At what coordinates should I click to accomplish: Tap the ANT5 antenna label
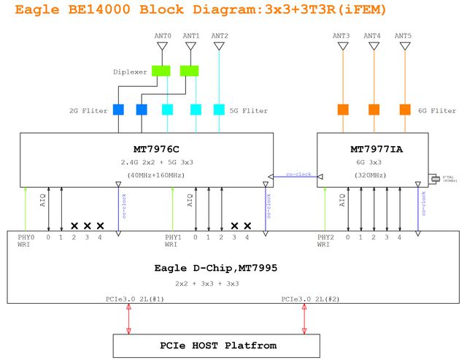pyautogui.click(x=402, y=36)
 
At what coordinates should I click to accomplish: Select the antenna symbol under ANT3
pyautogui.click(x=343, y=46)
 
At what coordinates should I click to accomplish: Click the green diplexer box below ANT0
pyautogui.click(x=161, y=71)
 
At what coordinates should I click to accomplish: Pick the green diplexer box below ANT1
pyautogui.click(x=190, y=71)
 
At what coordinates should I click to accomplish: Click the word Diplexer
pyautogui.click(x=130, y=72)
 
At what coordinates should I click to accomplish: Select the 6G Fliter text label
pyautogui.click(x=437, y=111)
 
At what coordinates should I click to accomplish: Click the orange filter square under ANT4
pyautogui.click(x=374, y=110)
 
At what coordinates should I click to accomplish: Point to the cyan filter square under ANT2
pyautogui.click(x=219, y=110)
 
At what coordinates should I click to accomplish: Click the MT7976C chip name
pyautogui.click(x=156, y=148)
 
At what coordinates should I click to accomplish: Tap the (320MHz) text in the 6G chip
pyautogui.click(x=372, y=175)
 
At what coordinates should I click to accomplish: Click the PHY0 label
pyautogui.click(x=26, y=237)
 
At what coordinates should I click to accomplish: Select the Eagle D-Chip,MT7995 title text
pyautogui.click(x=216, y=268)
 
